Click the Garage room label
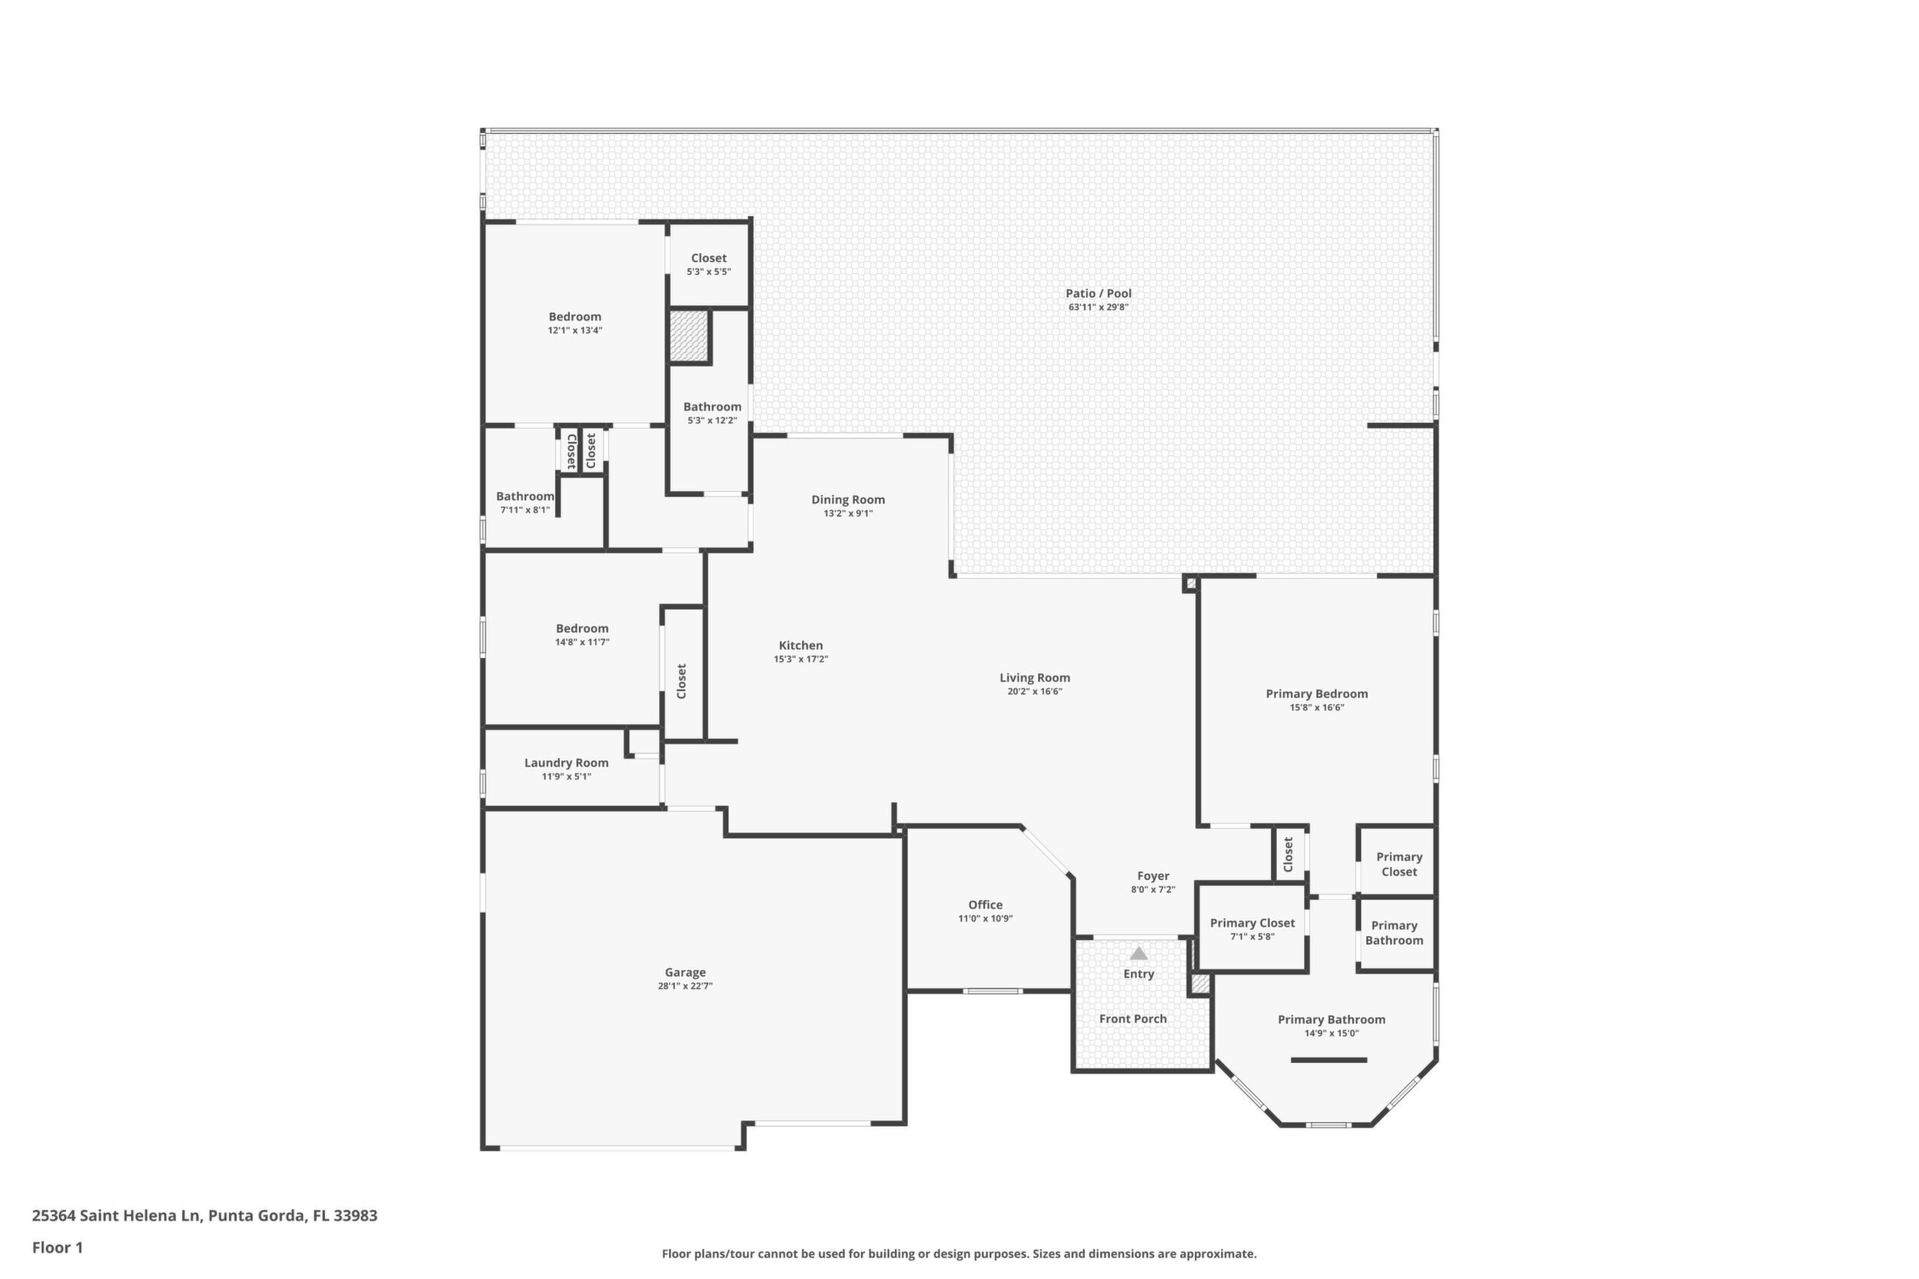point(684,972)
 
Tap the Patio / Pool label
point(1098,294)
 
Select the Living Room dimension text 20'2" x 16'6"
point(1035,692)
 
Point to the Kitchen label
point(800,645)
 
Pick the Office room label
point(985,905)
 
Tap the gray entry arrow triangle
point(1138,953)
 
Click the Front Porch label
point(1132,1018)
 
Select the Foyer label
point(1153,876)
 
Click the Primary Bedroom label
point(1317,694)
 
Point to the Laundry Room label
point(566,762)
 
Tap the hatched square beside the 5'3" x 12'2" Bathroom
point(688,335)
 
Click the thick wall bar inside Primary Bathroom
point(1329,1061)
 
